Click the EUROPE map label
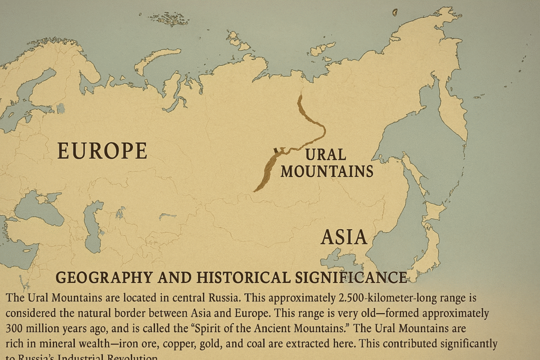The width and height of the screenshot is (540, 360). tap(102, 151)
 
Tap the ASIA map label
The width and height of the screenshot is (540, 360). tap(344, 237)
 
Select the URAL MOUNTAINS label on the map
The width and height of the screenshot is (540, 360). tap(326, 163)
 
